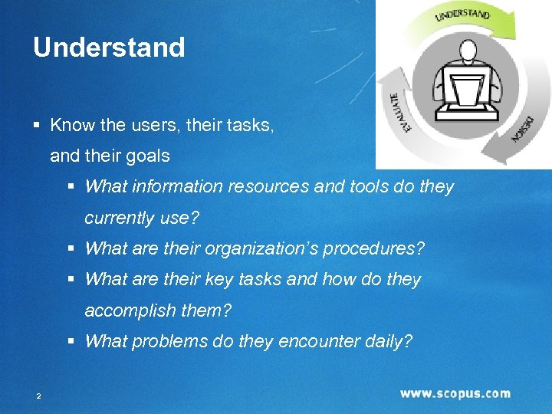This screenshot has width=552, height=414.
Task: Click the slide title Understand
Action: [x=109, y=48]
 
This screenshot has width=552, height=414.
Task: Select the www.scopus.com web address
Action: [x=455, y=393]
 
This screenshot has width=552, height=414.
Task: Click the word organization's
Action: [x=258, y=248]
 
